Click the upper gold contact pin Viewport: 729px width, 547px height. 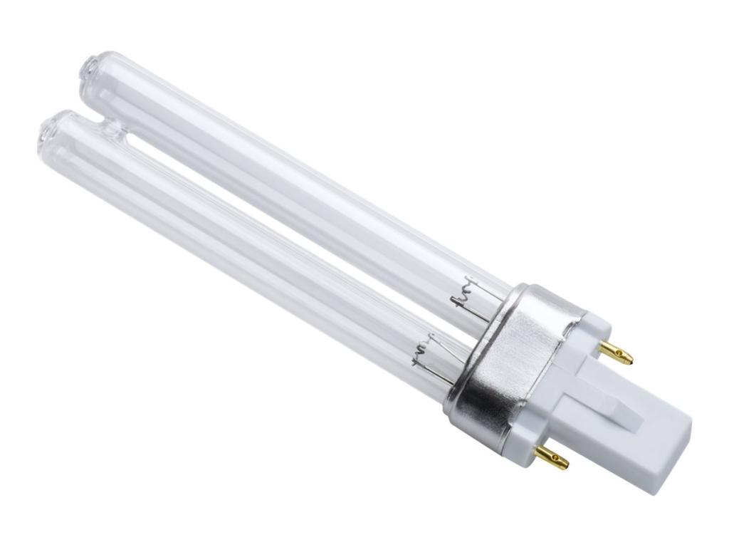[615, 352]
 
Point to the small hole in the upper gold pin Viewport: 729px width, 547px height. [622, 355]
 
